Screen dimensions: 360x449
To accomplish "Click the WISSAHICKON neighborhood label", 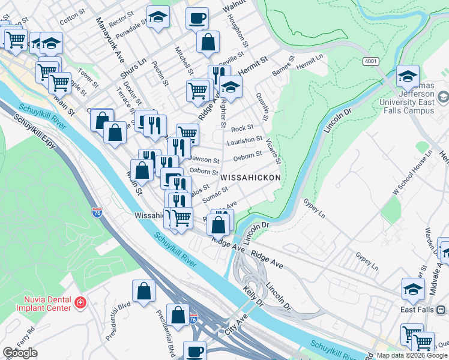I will [x=250, y=179].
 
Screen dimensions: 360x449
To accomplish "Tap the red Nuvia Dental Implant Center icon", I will [x=80, y=304].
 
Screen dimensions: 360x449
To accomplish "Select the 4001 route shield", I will [x=370, y=61].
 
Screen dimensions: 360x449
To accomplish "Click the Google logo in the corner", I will [x=20, y=353].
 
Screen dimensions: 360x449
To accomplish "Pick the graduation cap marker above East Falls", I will [x=413, y=289].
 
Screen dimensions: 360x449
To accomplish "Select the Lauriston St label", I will [x=244, y=141].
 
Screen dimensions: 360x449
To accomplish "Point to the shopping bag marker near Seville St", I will [x=208, y=42].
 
